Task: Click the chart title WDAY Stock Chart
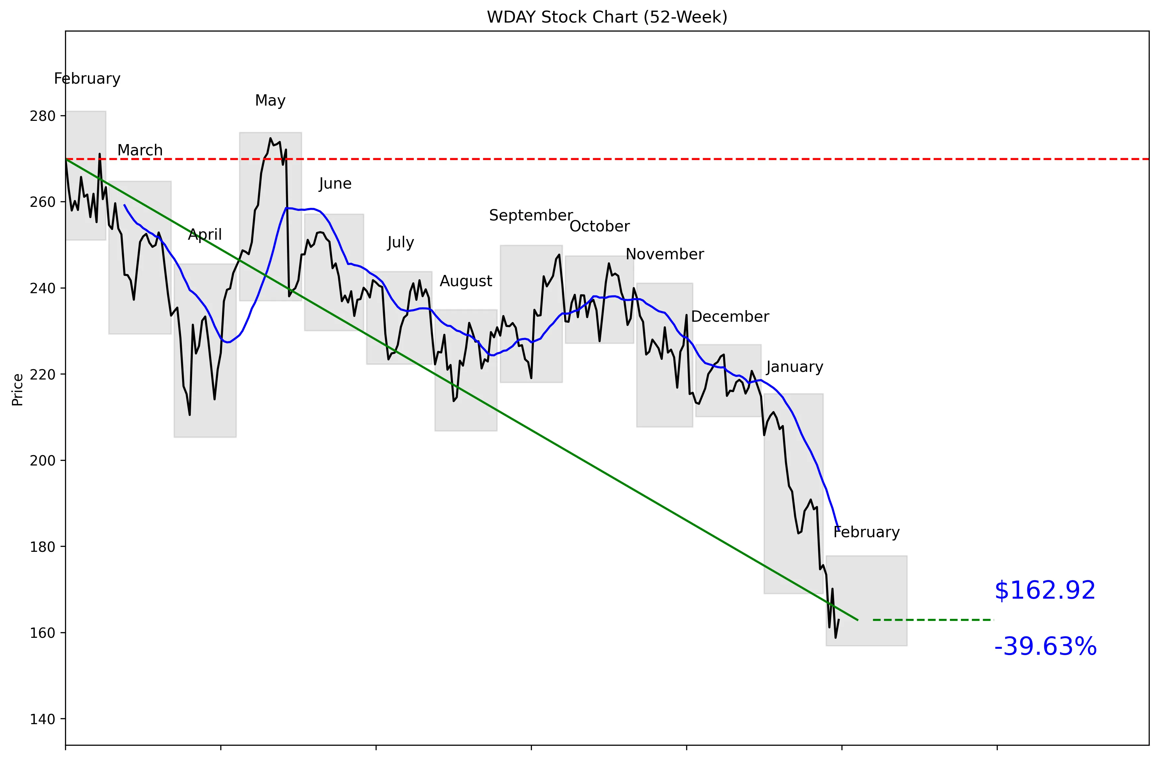tap(607, 17)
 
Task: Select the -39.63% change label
tap(1045, 647)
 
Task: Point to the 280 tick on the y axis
tap(43, 116)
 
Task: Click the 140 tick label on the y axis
tap(43, 719)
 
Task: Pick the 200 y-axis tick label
tap(43, 461)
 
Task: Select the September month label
tap(531, 215)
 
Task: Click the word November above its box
tap(664, 254)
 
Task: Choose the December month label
tap(730, 317)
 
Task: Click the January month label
tap(794, 367)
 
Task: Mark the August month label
tap(466, 281)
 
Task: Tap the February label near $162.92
tap(866, 532)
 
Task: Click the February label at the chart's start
tap(87, 79)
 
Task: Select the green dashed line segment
tap(933, 620)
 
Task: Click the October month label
tap(600, 226)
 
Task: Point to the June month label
tap(335, 184)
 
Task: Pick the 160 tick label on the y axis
tap(43, 633)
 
